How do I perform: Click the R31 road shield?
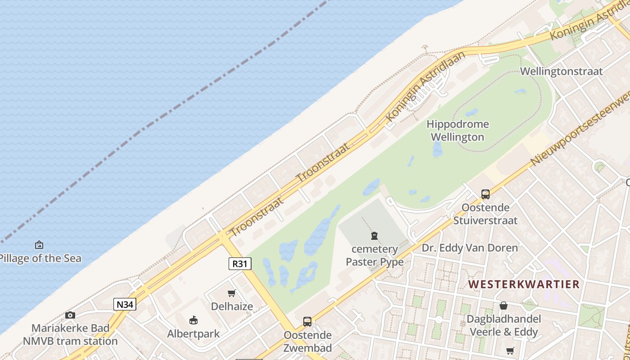(240, 264)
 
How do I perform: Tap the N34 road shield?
(125, 305)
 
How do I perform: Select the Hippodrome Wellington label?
(458, 130)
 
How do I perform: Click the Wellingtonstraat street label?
(561, 71)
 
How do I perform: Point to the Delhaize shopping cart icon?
(232, 293)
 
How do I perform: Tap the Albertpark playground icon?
(193, 320)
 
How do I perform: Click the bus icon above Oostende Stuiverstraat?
(485, 194)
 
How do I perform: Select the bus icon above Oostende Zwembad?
(307, 322)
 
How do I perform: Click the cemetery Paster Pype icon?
(374, 235)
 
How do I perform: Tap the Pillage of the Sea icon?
(39, 245)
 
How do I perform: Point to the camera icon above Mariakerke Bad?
(70, 315)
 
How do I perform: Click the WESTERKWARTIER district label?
(524, 284)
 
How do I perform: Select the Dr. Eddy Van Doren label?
(469, 247)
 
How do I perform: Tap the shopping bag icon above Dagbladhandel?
(503, 306)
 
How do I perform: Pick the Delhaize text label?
(232, 306)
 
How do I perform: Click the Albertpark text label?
(193, 334)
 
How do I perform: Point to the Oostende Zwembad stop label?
(307, 342)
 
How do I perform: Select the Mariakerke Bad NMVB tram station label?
(70, 334)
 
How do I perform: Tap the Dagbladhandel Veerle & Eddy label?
(503, 325)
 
